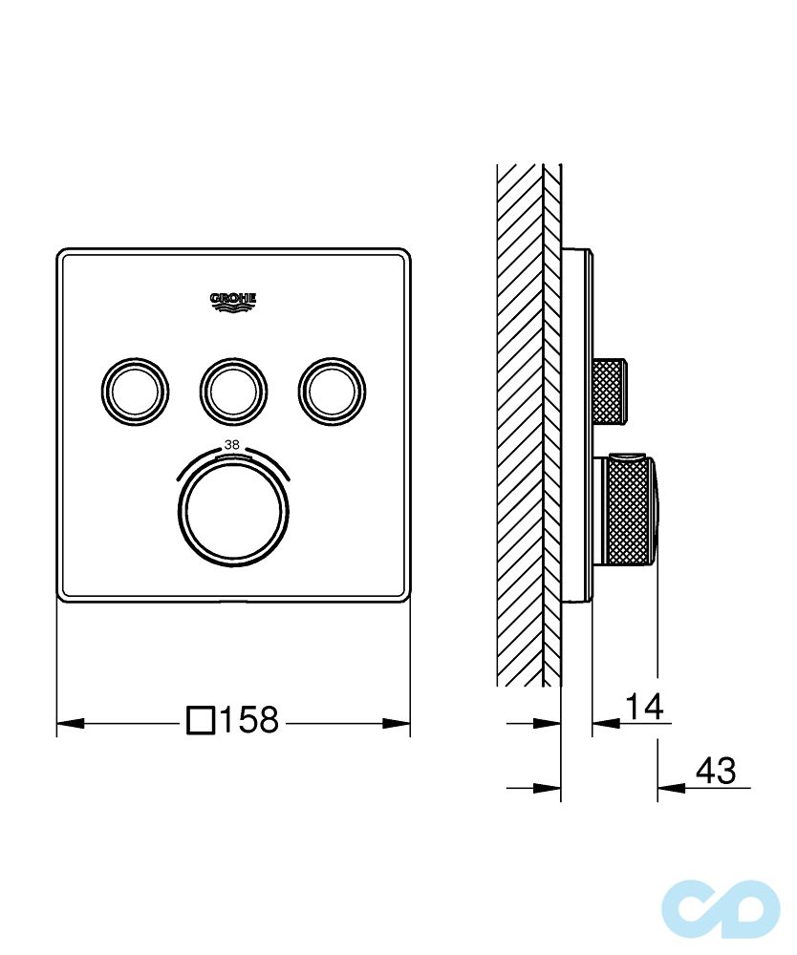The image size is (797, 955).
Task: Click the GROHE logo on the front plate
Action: [x=233, y=302]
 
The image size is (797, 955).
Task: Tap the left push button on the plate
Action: [x=135, y=391]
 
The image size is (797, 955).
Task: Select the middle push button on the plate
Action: [x=233, y=391]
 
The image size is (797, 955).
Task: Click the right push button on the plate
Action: [x=333, y=391]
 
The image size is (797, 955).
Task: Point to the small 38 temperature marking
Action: [x=231, y=445]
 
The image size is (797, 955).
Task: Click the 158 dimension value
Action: [x=248, y=720]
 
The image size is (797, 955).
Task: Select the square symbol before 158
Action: [x=201, y=720]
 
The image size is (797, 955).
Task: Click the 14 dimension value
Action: [x=644, y=706]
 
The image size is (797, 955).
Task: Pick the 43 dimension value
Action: [x=716, y=771]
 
